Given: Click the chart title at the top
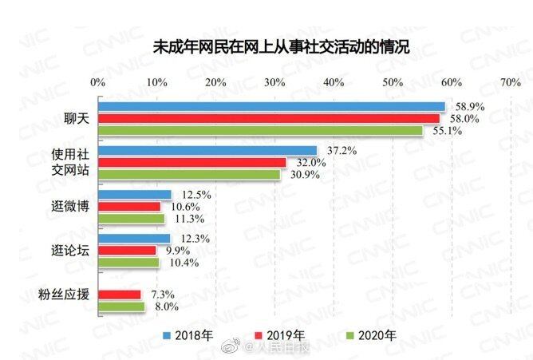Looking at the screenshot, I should click(280, 47).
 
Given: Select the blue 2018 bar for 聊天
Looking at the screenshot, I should click(271, 107).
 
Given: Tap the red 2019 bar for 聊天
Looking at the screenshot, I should click(269, 118).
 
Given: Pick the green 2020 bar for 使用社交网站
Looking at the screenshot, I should click(189, 174).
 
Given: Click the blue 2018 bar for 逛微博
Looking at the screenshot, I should click(135, 195).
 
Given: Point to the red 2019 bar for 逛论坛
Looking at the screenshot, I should click(128, 251).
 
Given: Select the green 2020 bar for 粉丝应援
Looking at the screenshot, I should click(121, 306).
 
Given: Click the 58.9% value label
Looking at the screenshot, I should click(471, 106).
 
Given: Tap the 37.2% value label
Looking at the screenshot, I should click(341, 151).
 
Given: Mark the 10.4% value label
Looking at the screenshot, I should click(182, 263).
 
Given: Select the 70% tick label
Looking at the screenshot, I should click(510, 82).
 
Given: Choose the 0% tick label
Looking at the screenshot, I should click(98, 82).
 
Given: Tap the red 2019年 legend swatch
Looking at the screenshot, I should click(259, 335).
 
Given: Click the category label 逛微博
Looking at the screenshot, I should click(65, 206).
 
